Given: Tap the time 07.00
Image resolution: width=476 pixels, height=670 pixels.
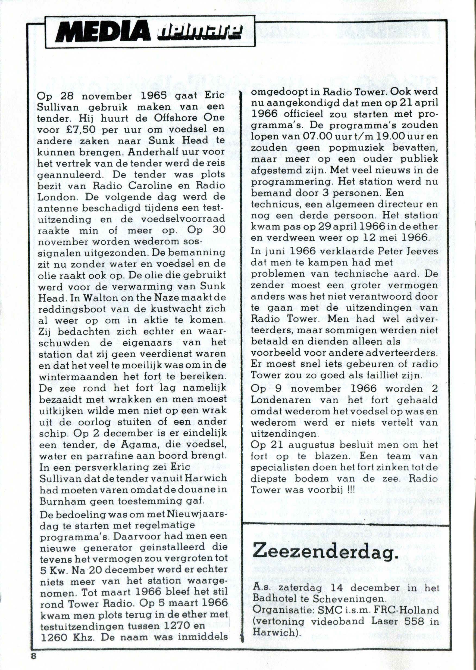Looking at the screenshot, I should pyautogui.click(x=309, y=137).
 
